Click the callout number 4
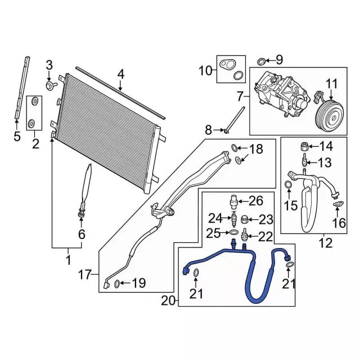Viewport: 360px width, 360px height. (121, 75)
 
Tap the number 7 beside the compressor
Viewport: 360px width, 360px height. (240, 97)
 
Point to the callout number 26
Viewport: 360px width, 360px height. (256, 201)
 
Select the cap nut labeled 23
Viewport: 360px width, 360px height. (244, 220)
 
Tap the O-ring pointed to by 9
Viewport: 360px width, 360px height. (261, 61)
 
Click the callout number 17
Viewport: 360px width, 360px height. (85, 274)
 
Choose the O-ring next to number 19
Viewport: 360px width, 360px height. (116, 284)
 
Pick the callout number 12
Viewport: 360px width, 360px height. (326, 243)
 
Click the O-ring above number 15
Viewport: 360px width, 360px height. (288, 184)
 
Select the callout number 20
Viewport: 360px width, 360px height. (169, 301)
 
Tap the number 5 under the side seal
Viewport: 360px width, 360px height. (17, 136)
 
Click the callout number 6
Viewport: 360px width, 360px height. (82, 234)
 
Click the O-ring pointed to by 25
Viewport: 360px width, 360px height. (232, 232)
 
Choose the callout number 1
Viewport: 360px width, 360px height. (68, 260)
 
